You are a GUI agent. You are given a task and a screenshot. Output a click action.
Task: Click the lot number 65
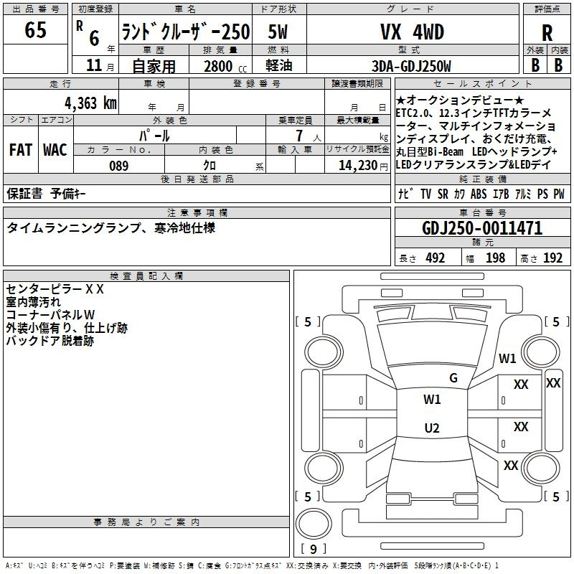[x=35, y=31]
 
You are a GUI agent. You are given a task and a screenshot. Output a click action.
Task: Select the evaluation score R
[x=547, y=33]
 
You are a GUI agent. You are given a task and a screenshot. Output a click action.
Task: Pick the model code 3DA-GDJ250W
[x=411, y=67]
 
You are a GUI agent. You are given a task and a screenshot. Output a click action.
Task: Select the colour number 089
[x=118, y=166]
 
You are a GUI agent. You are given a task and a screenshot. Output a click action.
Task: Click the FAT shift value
[x=20, y=150]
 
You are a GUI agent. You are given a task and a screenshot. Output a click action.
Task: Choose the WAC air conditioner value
[x=55, y=150]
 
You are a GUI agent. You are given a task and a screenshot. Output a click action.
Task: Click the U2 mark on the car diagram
[x=432, y=428]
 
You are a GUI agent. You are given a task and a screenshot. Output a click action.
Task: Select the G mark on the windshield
[x=453, y=378]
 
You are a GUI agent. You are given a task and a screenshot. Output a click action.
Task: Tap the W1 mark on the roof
[x=432, y=400]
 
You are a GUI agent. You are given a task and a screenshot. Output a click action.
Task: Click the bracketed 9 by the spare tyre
[x=313, y=550]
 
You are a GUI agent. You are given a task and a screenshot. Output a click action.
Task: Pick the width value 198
[x=495, y=258]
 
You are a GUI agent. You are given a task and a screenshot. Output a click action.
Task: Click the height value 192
[x=552, y=258]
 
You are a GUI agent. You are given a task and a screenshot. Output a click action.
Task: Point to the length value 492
[x=435, y=258]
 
